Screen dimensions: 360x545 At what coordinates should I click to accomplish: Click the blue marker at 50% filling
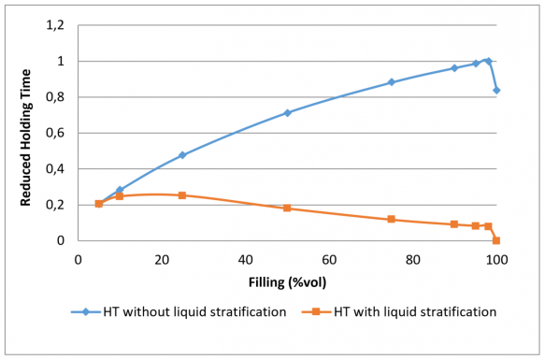pos(287,113)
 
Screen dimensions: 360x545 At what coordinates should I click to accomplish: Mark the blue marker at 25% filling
pos(182,155)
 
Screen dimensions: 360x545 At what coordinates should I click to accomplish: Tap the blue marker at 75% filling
pos(392,82)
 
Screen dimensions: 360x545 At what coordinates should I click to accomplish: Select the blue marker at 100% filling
pos(496,91)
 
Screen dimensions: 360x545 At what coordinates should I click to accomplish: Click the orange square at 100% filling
pos(496,240)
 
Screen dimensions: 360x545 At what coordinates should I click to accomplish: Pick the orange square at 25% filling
pos(182,195)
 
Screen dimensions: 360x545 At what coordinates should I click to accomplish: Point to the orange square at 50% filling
pos(287,208)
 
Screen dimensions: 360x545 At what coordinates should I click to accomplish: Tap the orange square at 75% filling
pos(392,219)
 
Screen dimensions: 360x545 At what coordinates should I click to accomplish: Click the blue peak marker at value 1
pos(488,61)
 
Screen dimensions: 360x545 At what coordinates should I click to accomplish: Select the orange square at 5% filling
pos(99,204)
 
